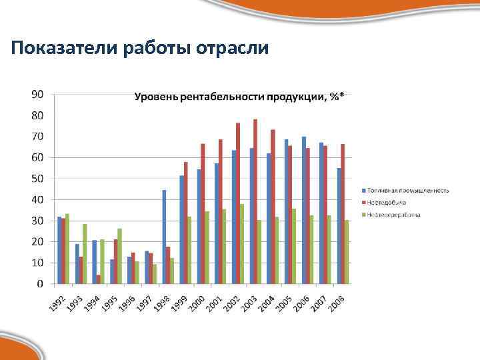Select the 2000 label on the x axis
(196, 302)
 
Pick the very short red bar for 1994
(98, 279)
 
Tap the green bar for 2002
(241, 244)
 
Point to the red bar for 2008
(343, 214)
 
